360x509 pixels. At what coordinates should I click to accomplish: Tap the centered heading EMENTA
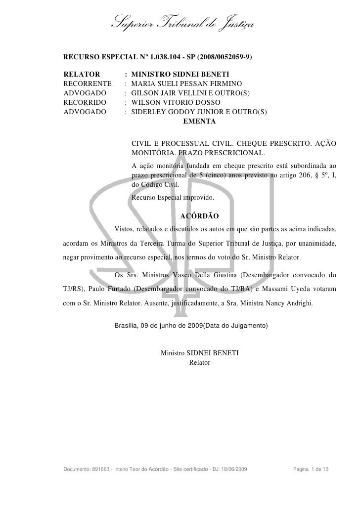(199, 121)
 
